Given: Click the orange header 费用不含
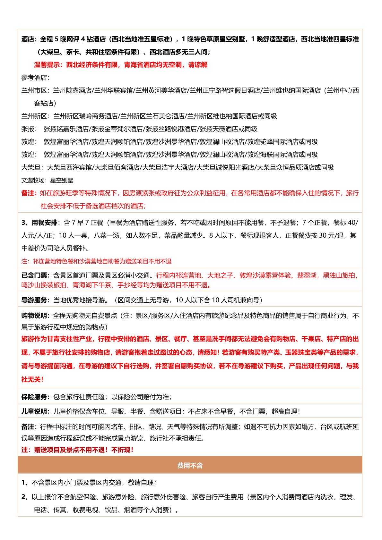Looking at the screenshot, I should click(x=190, y=465).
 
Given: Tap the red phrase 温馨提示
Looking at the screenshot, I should click(x=47, y=65).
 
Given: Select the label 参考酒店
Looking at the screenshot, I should click(x=34, y=78).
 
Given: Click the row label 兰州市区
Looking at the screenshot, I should click(x=34, y=90).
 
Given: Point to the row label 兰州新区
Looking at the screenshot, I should click(x=34, y=116).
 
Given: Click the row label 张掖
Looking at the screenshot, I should click(x=28, y=129).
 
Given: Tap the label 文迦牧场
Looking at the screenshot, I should click(x=33, y=180).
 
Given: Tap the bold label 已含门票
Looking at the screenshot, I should click(x=34, y=275).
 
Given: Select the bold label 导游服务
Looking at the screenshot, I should click(x=34, y=300).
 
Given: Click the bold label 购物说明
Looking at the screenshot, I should click(x=34, y=316).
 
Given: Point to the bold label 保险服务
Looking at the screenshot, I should click(x=34, y=397).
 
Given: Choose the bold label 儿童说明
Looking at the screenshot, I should click(x=34, y=411).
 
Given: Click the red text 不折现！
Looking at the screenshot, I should click(x=123, y=450).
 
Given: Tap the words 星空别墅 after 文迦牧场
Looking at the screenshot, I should click(x=62, y=180).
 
